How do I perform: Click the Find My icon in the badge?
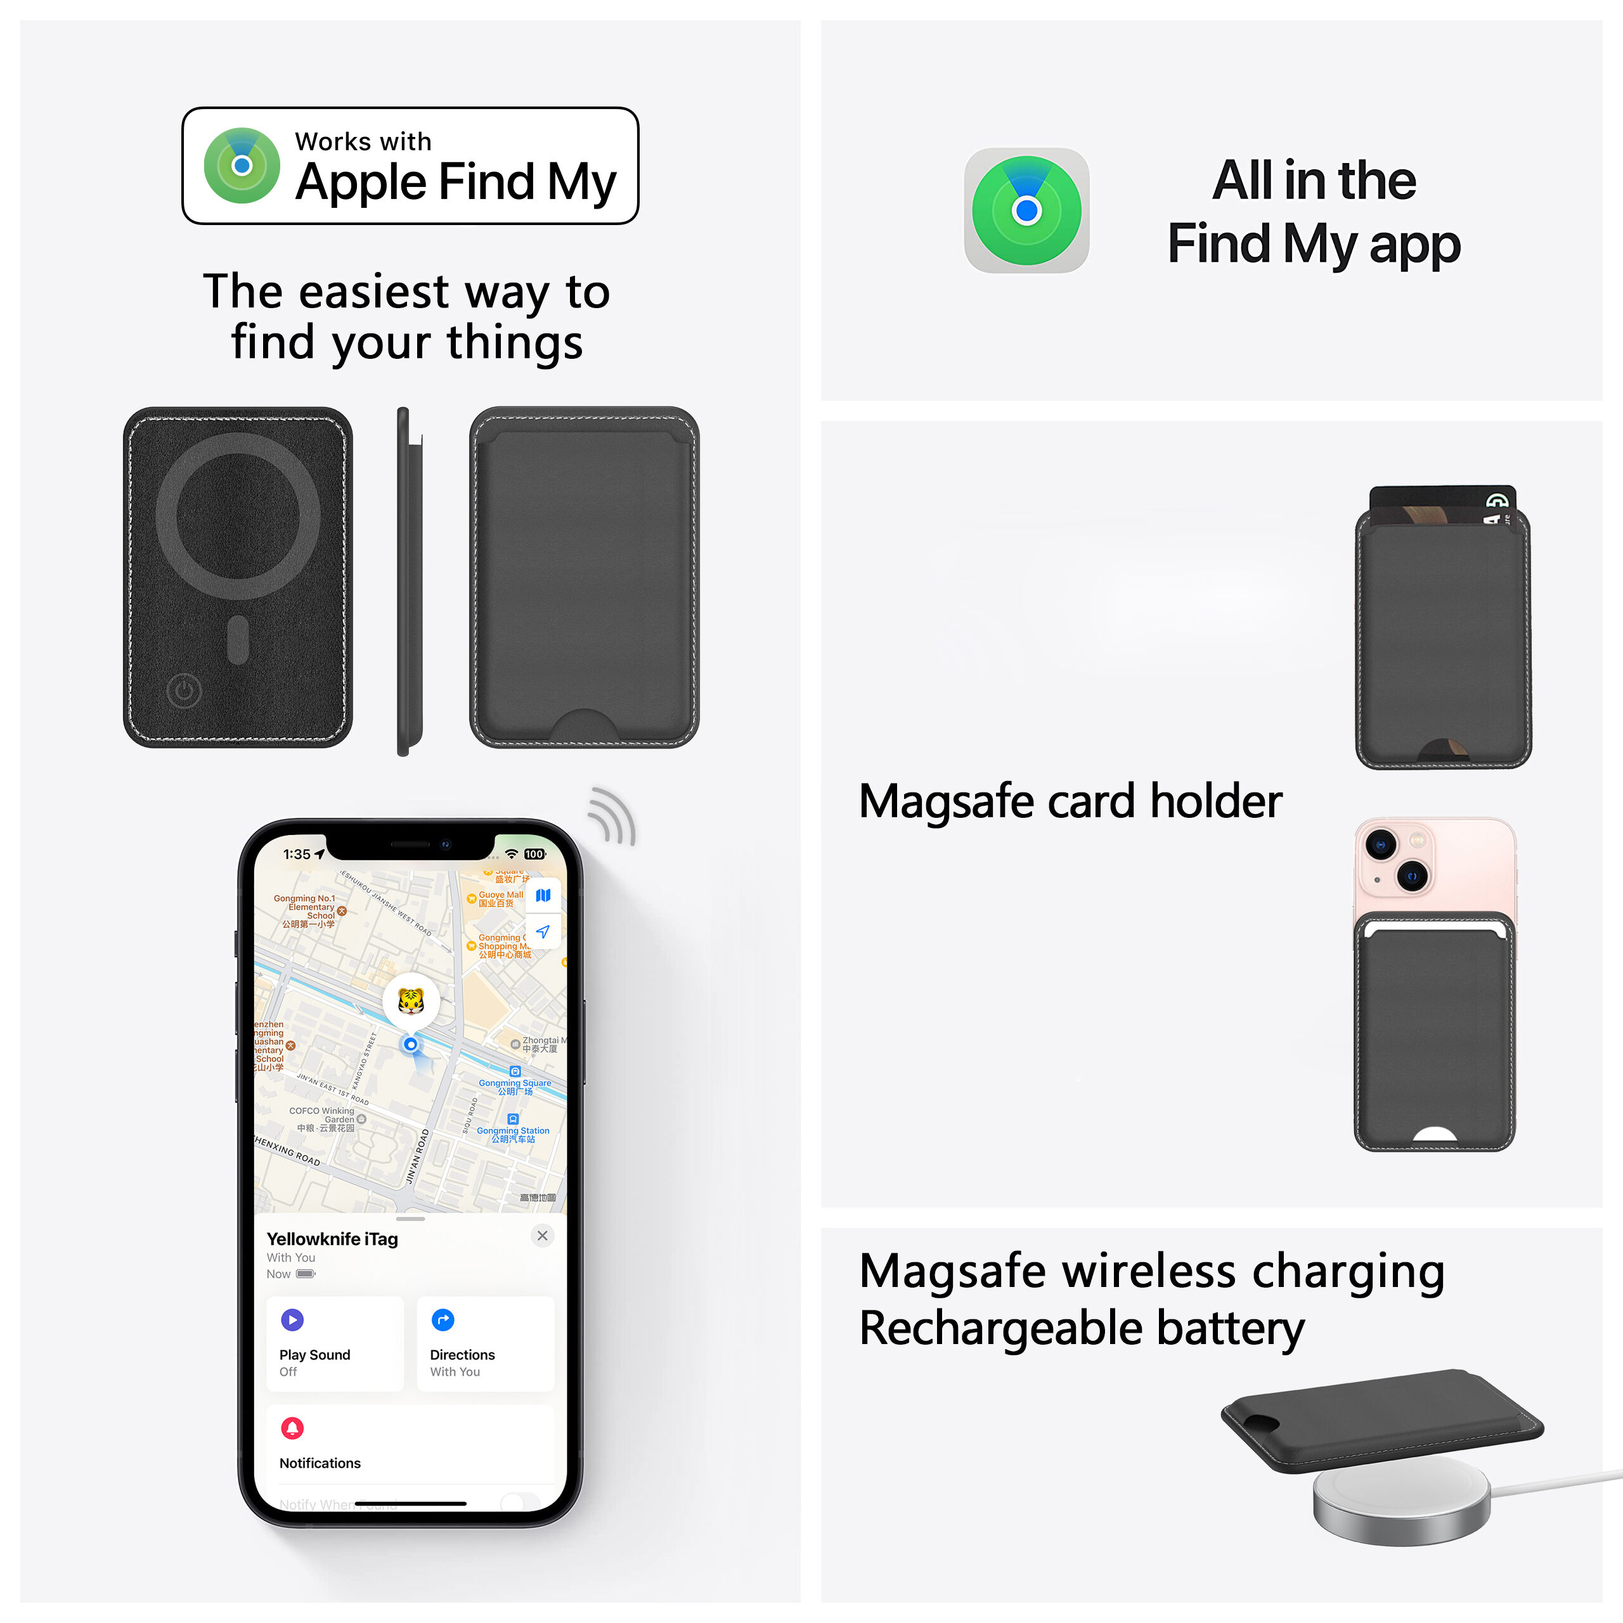point(242,165)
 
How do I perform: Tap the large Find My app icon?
point(1026,210)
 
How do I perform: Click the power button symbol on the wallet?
point(184,692)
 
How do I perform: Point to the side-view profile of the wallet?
point(405,581)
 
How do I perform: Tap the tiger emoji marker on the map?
point(410,1000)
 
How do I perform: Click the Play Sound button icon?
point(292,1320)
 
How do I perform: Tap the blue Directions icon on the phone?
point(443,1320)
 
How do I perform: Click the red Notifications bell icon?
point(292,1428)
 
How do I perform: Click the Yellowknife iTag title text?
point(332,1239)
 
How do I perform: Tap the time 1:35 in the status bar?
point(297,855)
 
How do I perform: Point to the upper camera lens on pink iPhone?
point(1381,843)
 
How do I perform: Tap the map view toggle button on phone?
point(543,896)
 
